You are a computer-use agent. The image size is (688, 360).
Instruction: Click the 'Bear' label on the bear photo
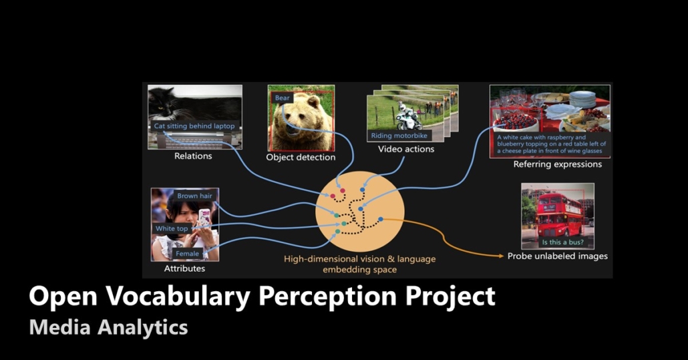tap(283, 98)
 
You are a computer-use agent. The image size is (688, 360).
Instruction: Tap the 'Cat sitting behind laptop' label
tap(194, 126)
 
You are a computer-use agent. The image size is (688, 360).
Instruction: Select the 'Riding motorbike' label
tap(399, 136)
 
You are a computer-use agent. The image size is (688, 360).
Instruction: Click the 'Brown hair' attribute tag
tap(194, 196)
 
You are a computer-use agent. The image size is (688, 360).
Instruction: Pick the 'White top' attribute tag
tap(172, 228)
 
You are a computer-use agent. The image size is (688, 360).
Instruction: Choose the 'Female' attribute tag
tap(187, 254)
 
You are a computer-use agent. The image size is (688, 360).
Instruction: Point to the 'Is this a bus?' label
tap(558, 242)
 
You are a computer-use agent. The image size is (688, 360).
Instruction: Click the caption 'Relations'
tap(193, 156)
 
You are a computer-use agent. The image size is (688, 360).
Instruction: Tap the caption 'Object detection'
tap(301, 158)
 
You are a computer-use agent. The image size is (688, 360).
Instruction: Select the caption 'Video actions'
tap(406, 149)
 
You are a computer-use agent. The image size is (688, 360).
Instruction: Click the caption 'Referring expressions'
tap(557, 164)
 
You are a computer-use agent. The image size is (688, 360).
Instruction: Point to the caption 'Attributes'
tap(184, 268)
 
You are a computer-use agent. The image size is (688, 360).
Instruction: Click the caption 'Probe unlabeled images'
tap(557, 256)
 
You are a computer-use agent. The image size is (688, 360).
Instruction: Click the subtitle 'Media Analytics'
tap(108, 327)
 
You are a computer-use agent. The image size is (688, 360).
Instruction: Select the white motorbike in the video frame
tap(407, 120)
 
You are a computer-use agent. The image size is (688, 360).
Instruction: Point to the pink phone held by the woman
tap(204, 216)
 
